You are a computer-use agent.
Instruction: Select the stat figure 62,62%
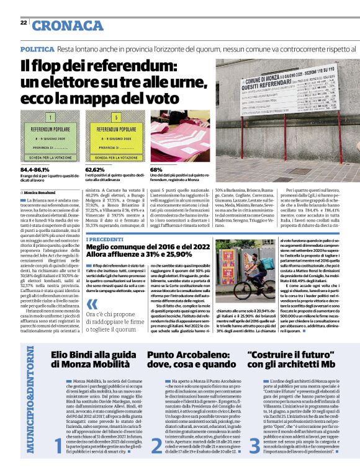pyautogui.click(x=95, y=169)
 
